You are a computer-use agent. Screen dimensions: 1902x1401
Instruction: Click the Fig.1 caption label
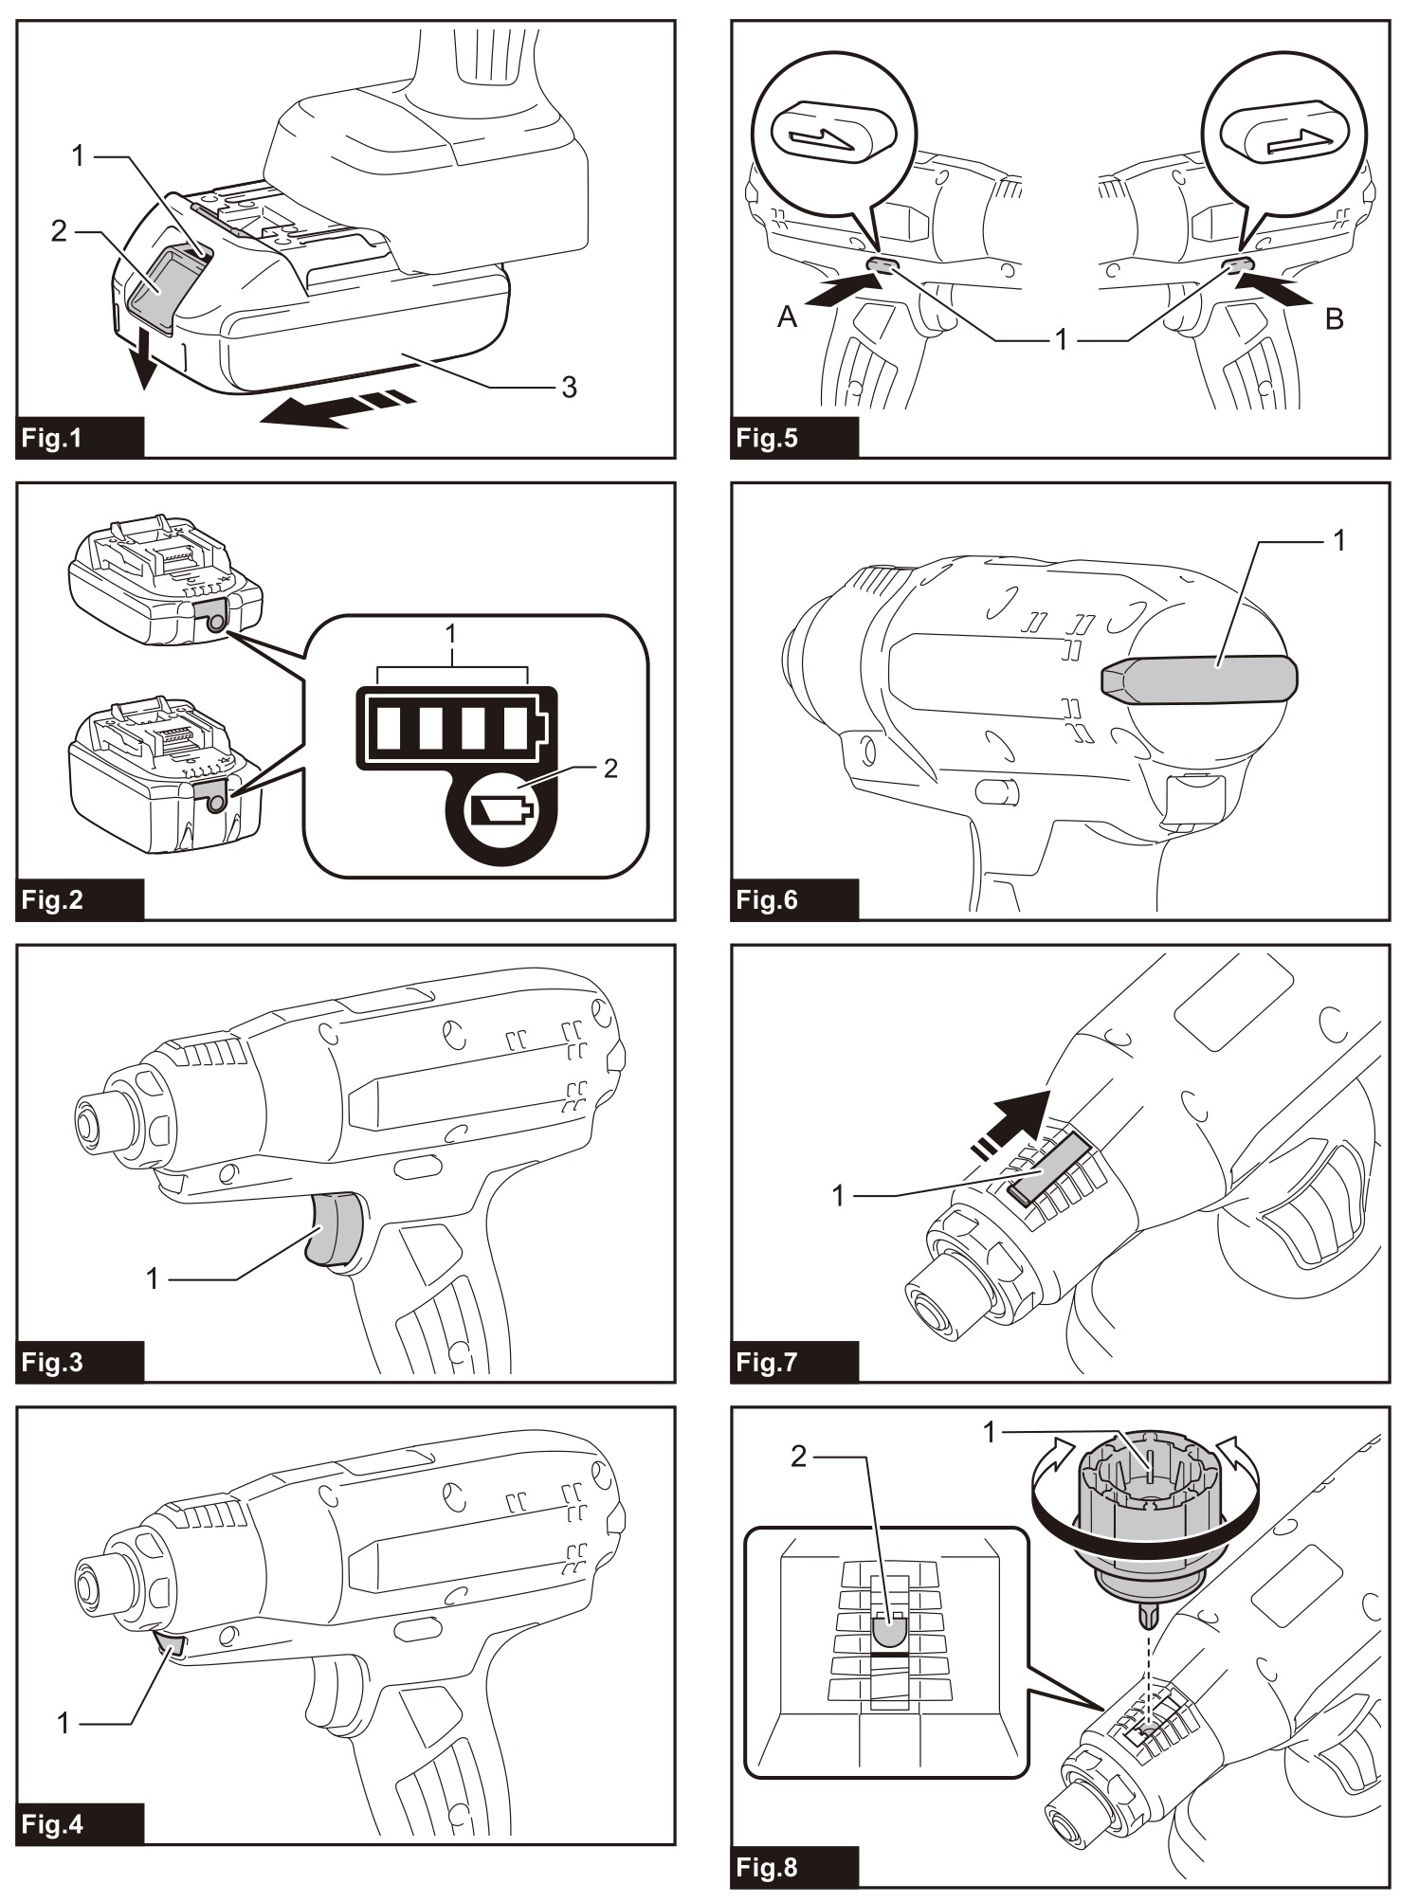(53, 439)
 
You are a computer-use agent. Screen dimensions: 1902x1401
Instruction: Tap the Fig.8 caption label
(767, 1867)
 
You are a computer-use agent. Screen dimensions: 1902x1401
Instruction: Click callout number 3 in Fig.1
(569, 387)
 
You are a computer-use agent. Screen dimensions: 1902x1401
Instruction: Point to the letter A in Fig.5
(787, 317)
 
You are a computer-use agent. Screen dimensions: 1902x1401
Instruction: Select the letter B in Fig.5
(1335, 318)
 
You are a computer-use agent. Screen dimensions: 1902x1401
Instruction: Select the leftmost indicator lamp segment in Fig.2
(390, 729)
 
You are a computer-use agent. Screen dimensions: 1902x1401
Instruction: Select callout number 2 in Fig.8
(799, 1457)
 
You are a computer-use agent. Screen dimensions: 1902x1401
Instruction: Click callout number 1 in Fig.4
(64, 1723)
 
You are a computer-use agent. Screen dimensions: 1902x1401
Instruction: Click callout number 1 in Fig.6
(1338, 540)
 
